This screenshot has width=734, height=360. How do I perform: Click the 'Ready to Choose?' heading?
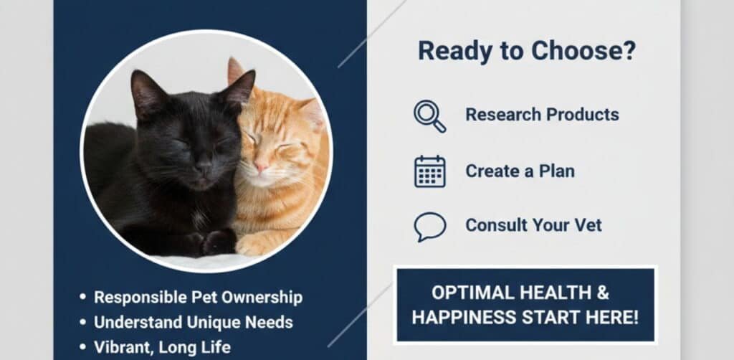coord(527,51)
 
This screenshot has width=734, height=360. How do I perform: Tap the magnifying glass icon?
coord(429,115)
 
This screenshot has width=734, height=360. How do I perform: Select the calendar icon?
coord(429,171)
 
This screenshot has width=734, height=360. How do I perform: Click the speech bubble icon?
coord(429,227)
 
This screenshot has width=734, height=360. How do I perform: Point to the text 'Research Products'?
coord(542,115)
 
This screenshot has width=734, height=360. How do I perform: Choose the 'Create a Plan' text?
coord(520,171)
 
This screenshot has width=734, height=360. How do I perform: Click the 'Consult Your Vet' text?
coord(533,225)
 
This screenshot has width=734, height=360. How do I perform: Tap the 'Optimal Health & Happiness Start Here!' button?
coord(525,305)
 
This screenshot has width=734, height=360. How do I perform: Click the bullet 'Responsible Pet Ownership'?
coord(198,297)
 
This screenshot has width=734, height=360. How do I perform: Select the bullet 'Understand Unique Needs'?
coord(193,322)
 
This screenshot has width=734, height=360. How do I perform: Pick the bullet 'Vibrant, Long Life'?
coord(162,347)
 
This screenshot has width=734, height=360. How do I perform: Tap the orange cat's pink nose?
coord(261,166)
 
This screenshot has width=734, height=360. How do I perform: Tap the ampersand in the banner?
coord(603,293)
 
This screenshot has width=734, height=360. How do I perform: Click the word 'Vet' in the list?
coord(587,225)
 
